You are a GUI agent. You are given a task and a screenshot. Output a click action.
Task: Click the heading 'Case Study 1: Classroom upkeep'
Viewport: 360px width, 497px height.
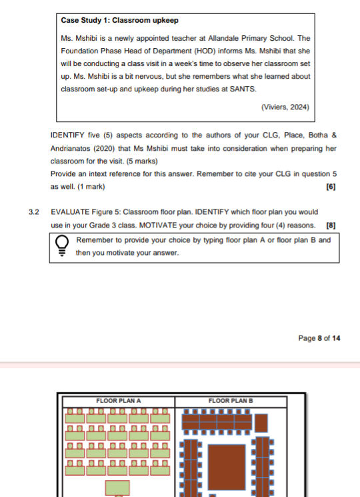119,21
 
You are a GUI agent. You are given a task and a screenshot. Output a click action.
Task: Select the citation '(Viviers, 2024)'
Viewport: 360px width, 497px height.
285,107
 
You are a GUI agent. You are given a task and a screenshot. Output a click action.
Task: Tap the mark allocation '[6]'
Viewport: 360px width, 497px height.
331,187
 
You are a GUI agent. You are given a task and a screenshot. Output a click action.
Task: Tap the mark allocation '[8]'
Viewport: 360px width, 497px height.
331,225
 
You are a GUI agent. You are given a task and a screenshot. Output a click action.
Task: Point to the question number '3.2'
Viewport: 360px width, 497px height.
34,212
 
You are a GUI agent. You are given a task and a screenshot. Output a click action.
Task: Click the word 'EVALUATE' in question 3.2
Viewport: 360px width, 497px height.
69,212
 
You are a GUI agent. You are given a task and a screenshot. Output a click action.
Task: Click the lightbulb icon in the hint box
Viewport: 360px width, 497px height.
61,245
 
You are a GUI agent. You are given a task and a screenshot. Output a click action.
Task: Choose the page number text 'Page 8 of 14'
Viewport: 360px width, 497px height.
319,338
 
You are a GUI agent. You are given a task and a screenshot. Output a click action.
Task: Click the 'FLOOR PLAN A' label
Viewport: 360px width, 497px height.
119,400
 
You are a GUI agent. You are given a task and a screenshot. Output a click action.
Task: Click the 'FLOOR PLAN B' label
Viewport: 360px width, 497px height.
231,400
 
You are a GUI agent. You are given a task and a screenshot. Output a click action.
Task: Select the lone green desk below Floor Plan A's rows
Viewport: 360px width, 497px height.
117,488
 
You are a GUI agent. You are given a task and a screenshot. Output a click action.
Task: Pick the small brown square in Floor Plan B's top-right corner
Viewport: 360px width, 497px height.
261,422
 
